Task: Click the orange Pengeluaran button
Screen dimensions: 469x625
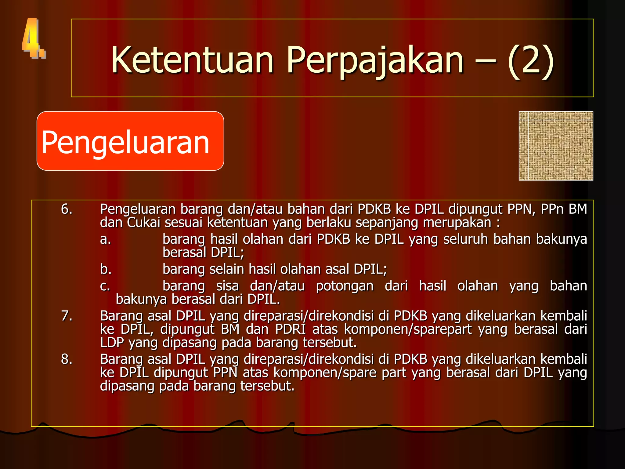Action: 130,141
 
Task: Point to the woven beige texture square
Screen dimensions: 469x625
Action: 556,146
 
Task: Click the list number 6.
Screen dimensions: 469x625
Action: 67,209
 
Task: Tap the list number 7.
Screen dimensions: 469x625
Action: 67,316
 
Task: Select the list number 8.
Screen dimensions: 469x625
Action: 67,359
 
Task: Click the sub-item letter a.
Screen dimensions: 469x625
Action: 105,239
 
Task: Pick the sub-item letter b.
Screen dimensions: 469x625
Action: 106,269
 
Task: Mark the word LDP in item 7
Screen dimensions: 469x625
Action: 112,343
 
